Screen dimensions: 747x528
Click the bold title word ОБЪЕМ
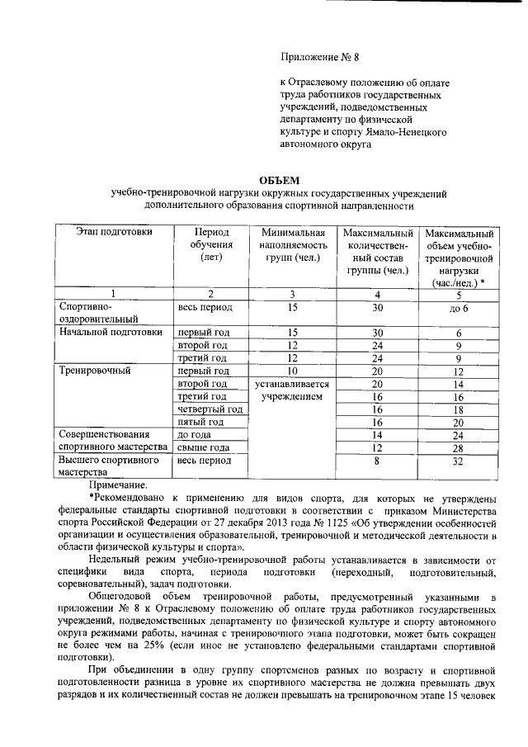coord(280,180)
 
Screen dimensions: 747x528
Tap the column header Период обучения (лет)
coord(211,245)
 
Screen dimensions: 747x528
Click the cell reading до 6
coord(459,309)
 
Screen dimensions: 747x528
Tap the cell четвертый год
coord(210,409)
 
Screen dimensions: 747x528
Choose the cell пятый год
coord(202,422)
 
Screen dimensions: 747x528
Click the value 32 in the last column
coord(459,463)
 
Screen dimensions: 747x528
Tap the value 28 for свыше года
coord(459,447)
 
